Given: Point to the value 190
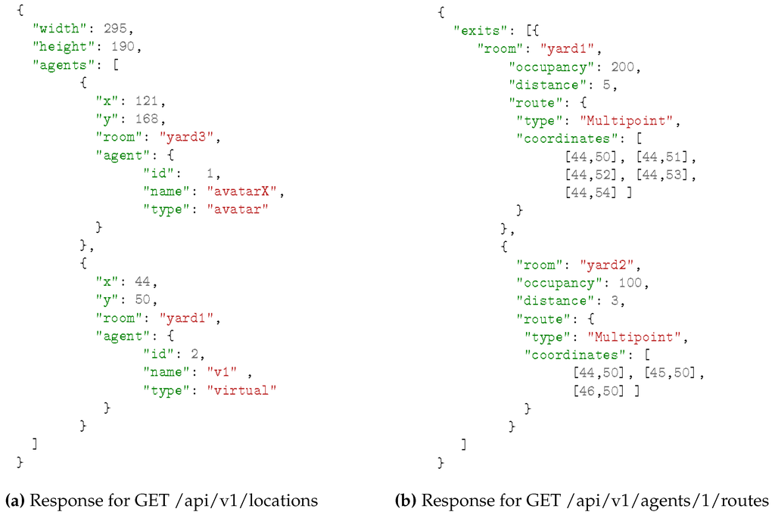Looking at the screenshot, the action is tap(126, 47).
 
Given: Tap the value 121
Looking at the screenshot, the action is tap(142, 100).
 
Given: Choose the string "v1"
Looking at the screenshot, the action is tap(224, 371).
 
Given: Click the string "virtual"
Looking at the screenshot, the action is tap(242, 389).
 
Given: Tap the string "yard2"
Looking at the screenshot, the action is tap(610, 265).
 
